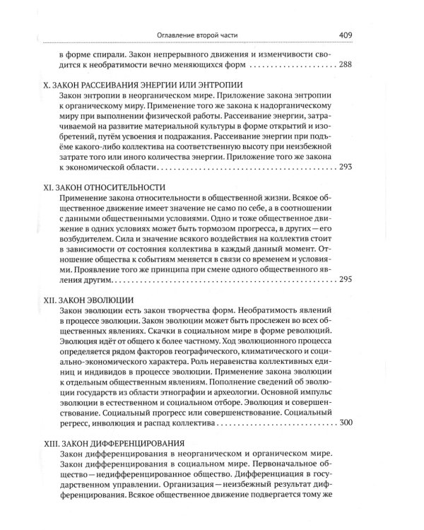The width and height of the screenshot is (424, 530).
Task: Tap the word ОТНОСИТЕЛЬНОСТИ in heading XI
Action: click(x=126, y=189)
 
